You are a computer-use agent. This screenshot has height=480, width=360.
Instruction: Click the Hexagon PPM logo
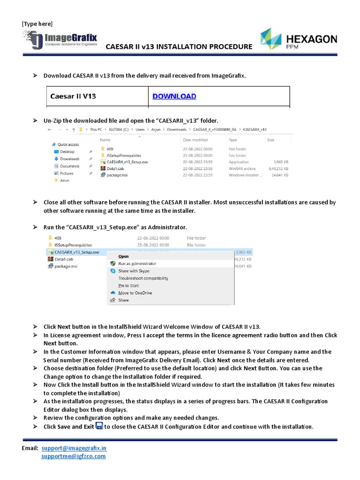click(298, 39)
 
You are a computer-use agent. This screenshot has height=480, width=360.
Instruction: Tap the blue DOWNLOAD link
click(174, 96)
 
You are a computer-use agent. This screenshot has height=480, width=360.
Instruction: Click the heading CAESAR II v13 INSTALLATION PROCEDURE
click(179, 47)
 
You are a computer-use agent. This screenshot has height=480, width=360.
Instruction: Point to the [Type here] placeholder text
click(37, 24)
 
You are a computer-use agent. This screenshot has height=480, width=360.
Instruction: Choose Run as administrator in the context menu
click(137, 263)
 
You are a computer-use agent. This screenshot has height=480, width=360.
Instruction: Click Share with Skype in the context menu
click(134, 271)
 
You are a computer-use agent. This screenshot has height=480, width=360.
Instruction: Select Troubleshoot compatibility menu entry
click(143, 278)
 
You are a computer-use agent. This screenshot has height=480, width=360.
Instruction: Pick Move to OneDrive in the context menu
click(135, 293)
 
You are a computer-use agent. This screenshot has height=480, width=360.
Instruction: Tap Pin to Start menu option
click(128, 285)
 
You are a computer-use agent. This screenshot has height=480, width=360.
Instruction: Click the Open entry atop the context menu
click(124, 256)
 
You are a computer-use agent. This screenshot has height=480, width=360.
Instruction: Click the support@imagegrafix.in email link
click(74, 448)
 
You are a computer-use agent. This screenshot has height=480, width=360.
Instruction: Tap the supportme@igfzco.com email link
click(74, 456)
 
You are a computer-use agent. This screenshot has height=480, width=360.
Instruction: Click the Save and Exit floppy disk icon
click(99, 426)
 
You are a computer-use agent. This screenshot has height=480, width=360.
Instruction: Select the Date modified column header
click(195, 140)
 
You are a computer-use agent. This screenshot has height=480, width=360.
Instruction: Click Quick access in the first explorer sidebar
click(67, 144)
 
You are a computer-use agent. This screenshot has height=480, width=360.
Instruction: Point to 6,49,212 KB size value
click(278, 168)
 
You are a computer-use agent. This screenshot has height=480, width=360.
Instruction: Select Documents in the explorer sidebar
click(69, 166)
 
